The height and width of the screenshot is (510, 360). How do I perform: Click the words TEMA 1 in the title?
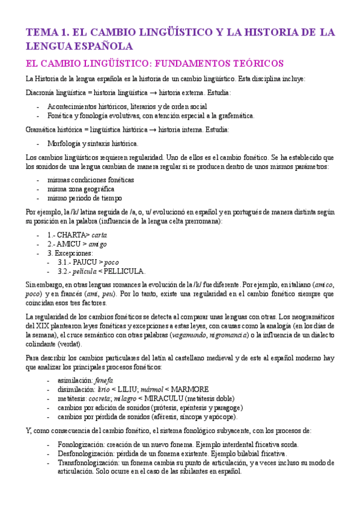(46, 32)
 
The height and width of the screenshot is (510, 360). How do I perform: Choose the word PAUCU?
(87, 262)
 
